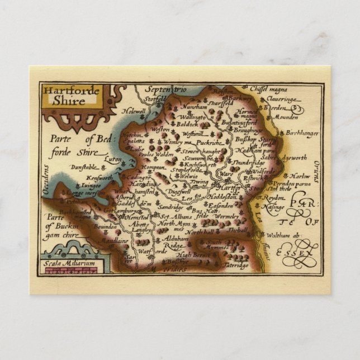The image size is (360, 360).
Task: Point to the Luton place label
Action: pos(113,159)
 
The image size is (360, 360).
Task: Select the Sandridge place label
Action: pos(171,206)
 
